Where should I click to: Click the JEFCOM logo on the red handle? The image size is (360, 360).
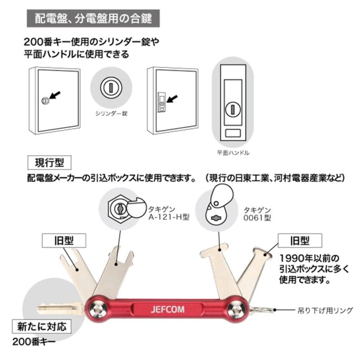tap(165, 310)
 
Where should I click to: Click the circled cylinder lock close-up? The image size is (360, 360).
tap(110, 87)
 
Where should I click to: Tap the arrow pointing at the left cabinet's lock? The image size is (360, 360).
tap(55, 95)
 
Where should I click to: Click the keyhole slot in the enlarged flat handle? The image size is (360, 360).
tap(233, 108)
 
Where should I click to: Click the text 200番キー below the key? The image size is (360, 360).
tap(34, 341)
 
